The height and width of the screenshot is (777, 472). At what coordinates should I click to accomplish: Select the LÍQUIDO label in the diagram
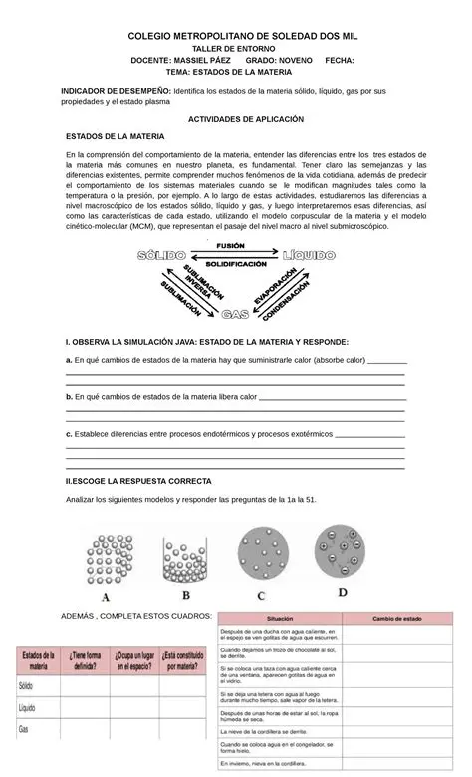308,256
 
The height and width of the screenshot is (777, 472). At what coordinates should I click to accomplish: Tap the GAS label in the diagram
235,314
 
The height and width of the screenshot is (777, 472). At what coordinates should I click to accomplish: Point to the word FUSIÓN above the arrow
230,245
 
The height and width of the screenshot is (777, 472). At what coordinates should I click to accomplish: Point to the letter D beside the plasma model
342,591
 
